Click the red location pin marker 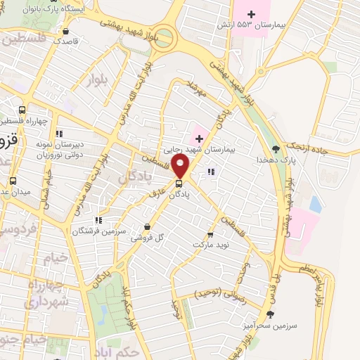pyautogui.click(x=181, y=167)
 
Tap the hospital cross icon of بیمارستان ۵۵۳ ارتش pyautogui.click(x=252, y=14)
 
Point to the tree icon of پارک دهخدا pyautogui.click(x=276, y=149)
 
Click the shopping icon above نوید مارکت pyautogui.click(x=210, y=235)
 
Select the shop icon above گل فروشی pyautogui.click(x=146, y=227)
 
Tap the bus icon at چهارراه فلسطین pyautogui.click(x=22, y=110)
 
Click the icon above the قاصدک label pyautogui.click(x=65, y=31)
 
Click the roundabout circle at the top pyautogui.click(x=164, y=37)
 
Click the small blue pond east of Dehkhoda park pyautogui.click(x=315, y=205)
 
